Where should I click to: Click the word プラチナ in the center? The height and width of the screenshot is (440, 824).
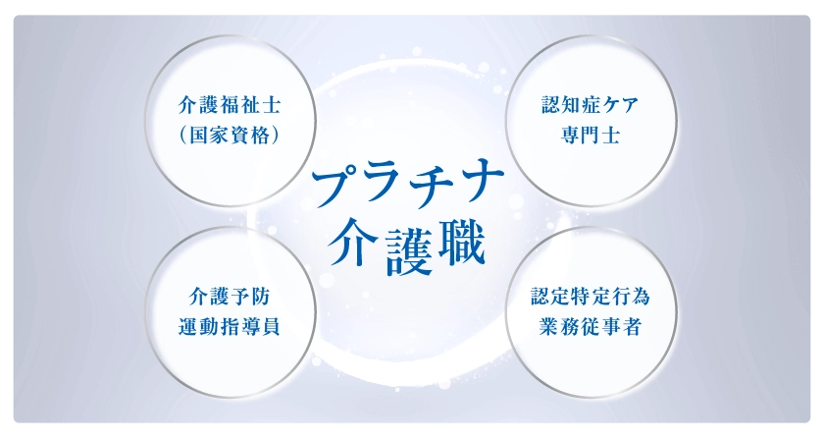click(407, 185)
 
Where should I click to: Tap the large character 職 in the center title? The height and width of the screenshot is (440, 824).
click(460, 243)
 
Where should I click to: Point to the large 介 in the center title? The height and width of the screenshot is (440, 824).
click(354, 245)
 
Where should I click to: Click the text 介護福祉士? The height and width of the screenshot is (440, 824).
click(230, 105)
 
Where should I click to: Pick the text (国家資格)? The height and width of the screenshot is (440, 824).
click(230, 136)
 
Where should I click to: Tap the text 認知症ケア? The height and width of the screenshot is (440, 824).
click(591, 105)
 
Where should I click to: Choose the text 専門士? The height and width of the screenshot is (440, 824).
click(591, 136)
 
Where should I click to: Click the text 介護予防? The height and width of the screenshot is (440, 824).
click(230, 297)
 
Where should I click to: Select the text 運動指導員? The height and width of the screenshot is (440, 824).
click(230, 326)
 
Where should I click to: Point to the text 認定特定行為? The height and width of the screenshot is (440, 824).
click(591, 296)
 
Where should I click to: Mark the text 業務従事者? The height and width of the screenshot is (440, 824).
click(591, 326)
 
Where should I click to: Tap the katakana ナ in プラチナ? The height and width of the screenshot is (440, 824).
click(482, 182)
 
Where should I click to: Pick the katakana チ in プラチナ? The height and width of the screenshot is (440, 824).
click(433, 184)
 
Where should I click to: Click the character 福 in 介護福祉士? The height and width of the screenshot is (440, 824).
click(230, 105)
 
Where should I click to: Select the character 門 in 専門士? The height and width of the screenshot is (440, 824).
click(591, 136)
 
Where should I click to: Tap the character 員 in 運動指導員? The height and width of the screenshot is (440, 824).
click(270, 326)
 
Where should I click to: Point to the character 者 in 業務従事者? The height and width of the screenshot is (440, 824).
click(631, 326)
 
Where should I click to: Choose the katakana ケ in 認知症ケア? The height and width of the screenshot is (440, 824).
click(609, 105)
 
